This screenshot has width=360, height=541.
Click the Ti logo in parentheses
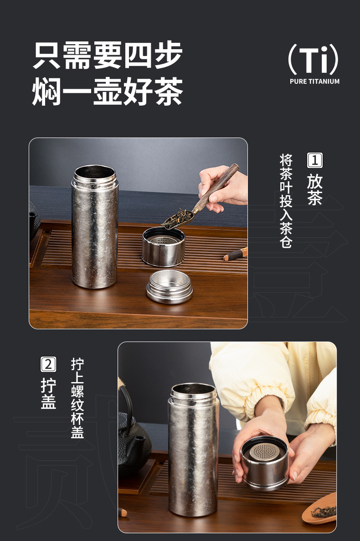(314, 59)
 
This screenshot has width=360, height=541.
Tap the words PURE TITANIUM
(314, 82)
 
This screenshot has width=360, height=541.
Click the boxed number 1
(315, 160)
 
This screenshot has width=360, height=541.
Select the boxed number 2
(48, 364)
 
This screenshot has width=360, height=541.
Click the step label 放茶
(315, 189)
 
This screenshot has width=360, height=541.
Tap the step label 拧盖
(48, 393)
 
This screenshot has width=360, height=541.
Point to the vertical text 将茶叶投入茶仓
(286, 201)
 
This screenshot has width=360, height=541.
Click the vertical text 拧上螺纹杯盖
(77, 398)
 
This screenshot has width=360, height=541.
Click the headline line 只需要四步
(108, 55)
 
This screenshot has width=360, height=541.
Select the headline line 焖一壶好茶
(108, 91)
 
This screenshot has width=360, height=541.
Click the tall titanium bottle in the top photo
(95, 227)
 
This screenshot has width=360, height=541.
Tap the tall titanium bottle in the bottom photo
(193, 449)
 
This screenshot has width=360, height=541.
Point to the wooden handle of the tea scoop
(217, 187)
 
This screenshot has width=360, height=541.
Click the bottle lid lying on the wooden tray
(170, 287)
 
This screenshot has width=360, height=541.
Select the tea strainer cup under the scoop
(163, 246)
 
